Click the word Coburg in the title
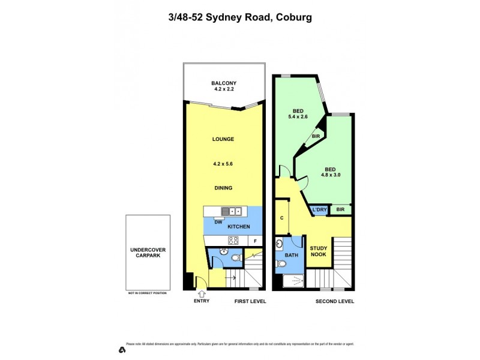(x=294, y=17)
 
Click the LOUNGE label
(x=223, y=139)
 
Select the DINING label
(x=223, y=188)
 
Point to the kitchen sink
(x=231, y=211)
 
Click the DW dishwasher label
(x=210, y=221)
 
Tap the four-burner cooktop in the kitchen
(x=233, y=241)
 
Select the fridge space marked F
(x=254, y=241)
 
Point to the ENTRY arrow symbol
(x=201, y=293)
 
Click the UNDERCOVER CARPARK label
(x=147, y=252)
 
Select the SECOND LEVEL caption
(x=335, y=301)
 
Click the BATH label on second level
(x=290, y=256)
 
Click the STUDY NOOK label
(x=318, y=252)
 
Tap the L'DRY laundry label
(x=319, y=209)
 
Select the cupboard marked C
(x=282, y=218)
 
